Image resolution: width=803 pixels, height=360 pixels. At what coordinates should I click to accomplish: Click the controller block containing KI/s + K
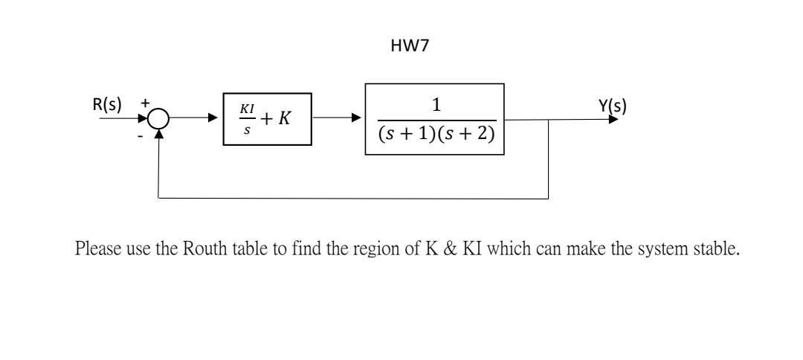[x=267, y=119]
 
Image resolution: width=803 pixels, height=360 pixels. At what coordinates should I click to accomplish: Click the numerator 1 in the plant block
[x=435, y=106]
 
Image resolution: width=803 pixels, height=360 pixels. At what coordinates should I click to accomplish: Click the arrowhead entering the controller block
[x=218, y=119]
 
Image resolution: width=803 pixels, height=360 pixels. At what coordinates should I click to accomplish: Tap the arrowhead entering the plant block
[x=359, y=119]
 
